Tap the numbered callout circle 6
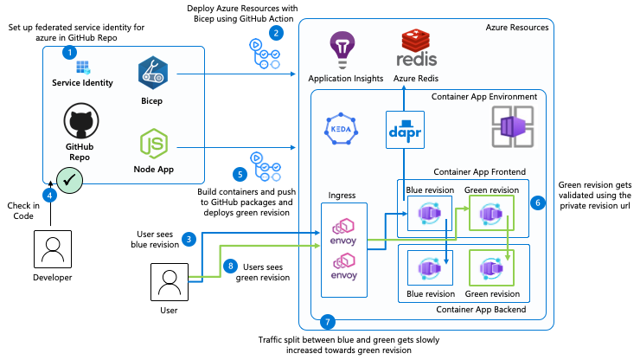(x=538, y=202)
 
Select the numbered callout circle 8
(x=229, y=266)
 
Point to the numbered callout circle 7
(x=327, y=322)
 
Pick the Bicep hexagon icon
(x=152, y=75)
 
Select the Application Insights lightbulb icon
(x=345, y=48)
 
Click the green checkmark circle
(x=69, y=180)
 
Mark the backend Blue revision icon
(x=430, y=267)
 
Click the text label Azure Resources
(x=517, y=28)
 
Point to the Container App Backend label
(x=481, y=309)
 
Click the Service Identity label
(x=83, y=82)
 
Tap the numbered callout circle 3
(x=189, y=238)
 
